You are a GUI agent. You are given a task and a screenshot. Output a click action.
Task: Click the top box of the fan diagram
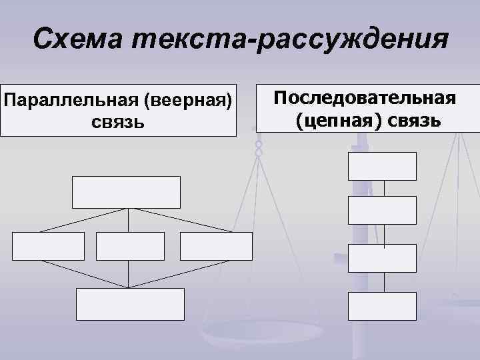126,192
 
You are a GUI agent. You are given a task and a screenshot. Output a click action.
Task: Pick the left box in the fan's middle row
49,246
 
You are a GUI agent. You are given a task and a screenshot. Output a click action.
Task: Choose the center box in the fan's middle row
129,246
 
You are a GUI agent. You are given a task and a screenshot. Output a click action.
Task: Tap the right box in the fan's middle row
216,246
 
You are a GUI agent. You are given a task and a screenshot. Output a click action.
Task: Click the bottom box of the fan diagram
129,304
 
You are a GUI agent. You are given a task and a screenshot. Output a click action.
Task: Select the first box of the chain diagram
382,166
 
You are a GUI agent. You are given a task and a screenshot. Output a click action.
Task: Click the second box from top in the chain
382,210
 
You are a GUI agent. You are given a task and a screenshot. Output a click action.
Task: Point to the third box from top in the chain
382,259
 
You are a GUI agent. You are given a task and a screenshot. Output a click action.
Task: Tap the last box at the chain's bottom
382,306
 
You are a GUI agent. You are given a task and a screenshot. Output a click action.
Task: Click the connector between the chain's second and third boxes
383,234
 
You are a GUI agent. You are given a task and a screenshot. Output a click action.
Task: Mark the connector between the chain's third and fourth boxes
383,283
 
